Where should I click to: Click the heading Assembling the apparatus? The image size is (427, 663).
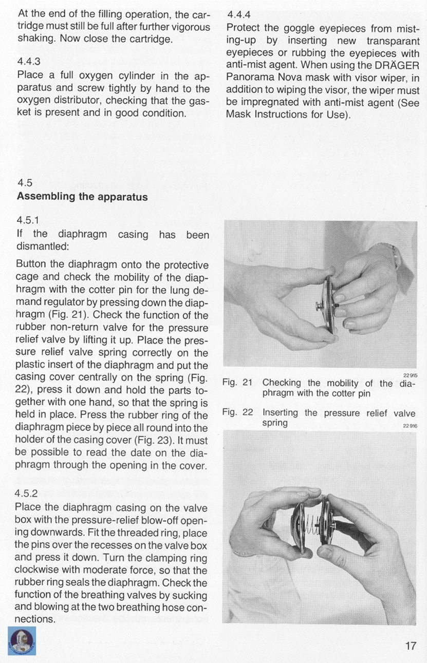pyautogui.click(x=82, y=197)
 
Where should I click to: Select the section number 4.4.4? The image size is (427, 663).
pyautogui.click(x=238, y=14)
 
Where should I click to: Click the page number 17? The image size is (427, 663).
pyautogui.click(x=410, y=645)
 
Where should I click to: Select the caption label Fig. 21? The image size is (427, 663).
pyautogui.click(x=237, y=383)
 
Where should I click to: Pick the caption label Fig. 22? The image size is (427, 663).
pyautogui.click(x=237, y=412)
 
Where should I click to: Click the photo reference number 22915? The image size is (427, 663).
pyautogui.click(x=410, y=375)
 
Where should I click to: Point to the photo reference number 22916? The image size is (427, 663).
pyautogui.click(x=410, y=425)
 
